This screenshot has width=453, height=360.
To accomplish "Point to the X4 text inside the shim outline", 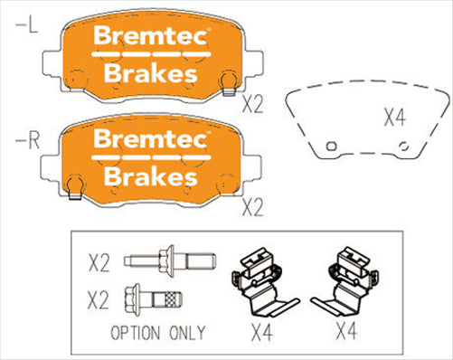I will point(395,117).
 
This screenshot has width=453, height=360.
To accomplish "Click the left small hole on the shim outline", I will point(331,146).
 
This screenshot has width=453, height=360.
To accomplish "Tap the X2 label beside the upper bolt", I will point(99,264).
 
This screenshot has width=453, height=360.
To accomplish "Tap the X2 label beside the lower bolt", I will point(99,298).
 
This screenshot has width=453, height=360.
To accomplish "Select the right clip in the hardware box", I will point(348,280).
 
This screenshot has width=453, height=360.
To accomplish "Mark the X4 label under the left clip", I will point(261,333).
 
